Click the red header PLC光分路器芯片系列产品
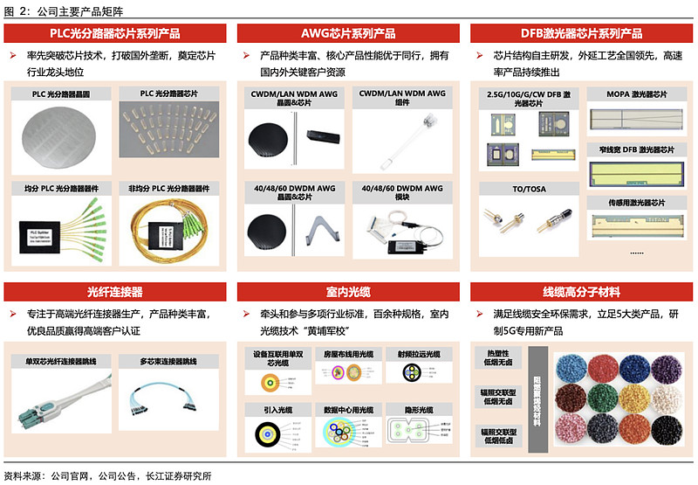116,33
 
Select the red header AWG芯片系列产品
348,33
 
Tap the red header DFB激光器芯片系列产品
580,33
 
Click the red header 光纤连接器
116,291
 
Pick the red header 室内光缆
348,291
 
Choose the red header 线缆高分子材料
580,291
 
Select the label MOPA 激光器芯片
636,94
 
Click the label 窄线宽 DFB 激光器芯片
636,149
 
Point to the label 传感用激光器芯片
636,203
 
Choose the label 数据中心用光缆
348,409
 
